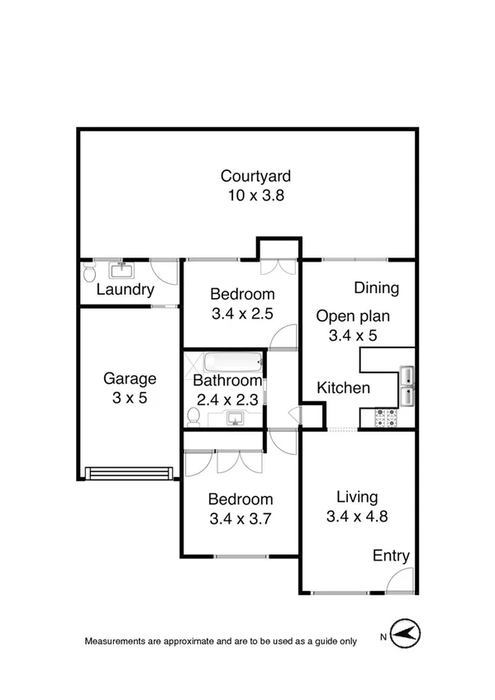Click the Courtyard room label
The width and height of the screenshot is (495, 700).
click(x=255, y=176)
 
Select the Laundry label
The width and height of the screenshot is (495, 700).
click(x=125, y=290)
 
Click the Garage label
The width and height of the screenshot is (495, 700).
click(x=129, y=379)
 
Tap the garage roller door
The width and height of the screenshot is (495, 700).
click(x=129, y=473)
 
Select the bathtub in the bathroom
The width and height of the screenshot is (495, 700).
click(x=232, y=362)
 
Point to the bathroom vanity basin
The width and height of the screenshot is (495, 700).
click(x=235, y=419)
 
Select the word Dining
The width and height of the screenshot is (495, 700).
click(x=376, y=288)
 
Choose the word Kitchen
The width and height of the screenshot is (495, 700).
click(x=344, y=388)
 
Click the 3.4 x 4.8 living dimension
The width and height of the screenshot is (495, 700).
click(x=357, y=518)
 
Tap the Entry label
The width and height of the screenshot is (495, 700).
click(x=391, y=556)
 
